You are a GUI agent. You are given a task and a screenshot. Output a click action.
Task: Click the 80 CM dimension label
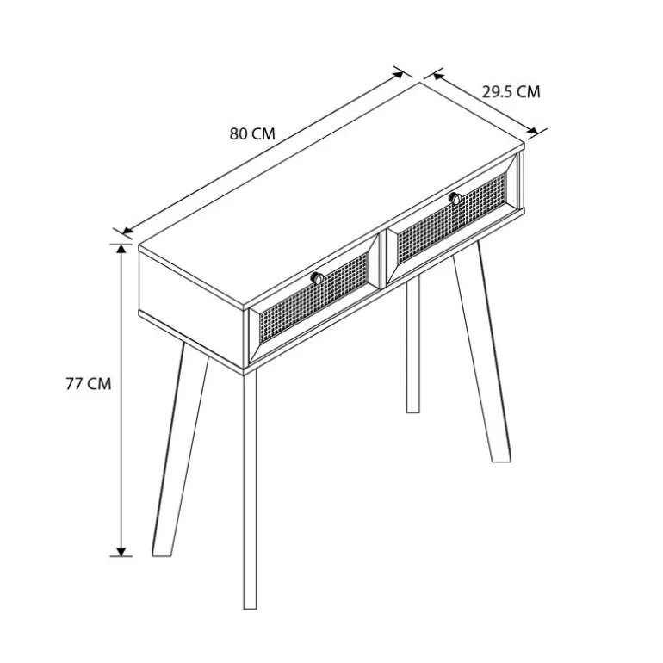pos(252,133)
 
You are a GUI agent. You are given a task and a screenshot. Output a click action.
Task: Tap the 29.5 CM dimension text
pos(511,92)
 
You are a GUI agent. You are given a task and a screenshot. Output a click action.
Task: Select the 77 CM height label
pos(89,384)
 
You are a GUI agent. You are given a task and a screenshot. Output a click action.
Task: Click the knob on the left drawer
pos(317,278)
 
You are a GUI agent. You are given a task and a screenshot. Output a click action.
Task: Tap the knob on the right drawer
pos(455,198)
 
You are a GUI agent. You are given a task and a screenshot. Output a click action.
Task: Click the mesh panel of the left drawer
pos(313,297)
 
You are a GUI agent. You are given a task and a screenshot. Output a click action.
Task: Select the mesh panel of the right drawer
pos(451,217)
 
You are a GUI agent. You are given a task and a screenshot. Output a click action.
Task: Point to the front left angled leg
pos(180,450)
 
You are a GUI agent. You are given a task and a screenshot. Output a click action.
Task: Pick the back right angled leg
pos(482,351)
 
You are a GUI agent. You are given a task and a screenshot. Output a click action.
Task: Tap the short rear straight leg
pos(413,343)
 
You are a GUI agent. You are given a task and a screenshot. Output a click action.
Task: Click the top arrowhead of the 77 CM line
pos(121,249)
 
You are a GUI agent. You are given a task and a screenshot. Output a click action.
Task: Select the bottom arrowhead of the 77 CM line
pos(121,551)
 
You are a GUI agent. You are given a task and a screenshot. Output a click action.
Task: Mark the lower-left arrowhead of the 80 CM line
pos(127,231)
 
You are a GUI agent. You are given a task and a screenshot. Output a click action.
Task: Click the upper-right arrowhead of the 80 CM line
pos(398,75)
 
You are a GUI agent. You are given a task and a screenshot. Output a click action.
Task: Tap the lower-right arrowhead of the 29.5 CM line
pos(533,131)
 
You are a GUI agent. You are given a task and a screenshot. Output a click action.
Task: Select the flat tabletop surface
pos(331,194)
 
